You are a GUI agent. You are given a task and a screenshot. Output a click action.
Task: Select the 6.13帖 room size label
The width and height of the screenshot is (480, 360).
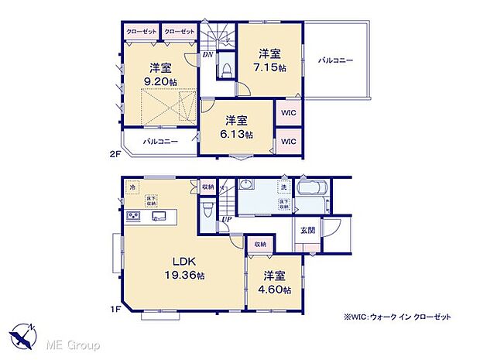[237, 134]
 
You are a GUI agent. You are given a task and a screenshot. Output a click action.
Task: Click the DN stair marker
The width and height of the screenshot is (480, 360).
[208, 55]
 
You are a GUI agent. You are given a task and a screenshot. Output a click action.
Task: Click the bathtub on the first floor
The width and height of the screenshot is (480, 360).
[312, 191]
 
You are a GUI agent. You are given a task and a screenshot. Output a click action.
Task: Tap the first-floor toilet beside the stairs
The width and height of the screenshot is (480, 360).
[207, 210]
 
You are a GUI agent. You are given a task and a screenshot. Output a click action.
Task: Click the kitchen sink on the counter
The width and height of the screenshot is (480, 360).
[158, 216]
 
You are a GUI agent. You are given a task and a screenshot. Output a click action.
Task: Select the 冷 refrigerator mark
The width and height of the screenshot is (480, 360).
[132, 188]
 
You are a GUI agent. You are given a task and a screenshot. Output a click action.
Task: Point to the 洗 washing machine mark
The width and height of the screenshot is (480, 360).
[284, 187]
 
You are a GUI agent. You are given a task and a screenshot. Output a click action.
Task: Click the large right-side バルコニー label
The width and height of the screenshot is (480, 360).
[334, 60]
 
